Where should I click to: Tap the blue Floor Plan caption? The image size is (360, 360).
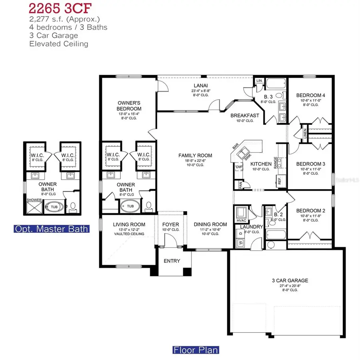pos(196,350)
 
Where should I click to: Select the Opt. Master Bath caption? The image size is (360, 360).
pos(51,229)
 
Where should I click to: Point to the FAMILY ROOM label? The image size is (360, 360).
pos(195,156)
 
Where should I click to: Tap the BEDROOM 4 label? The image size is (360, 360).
pos(310,95)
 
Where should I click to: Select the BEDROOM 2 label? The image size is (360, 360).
pos(310,211)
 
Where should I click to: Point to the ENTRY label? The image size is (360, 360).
pos(172,261)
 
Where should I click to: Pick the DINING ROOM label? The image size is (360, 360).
pos(210,224)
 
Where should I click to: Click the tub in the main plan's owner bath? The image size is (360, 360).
pos(130,207)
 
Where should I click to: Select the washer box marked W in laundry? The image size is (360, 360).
pos(240,242)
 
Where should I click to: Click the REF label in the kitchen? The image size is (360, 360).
pos(280,181)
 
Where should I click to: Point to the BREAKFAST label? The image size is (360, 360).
pos(244,116)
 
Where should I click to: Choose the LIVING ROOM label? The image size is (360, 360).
pos(129,224)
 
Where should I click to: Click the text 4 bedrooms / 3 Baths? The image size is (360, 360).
pos(68,27)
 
